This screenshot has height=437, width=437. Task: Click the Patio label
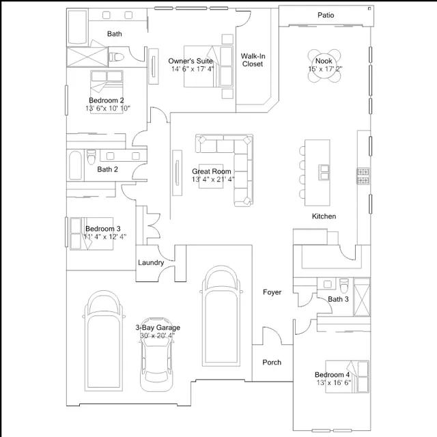coord(326,15)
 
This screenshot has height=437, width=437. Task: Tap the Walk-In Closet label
coord(253,60)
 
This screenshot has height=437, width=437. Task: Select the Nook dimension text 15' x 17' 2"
coord(325,69)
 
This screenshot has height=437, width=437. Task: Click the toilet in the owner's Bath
coord(117,57)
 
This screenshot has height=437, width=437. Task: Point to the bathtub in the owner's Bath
coord(77,27)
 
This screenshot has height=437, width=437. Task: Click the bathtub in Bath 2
coord(75,165)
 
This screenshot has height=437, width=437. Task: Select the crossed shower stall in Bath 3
coord(362,297)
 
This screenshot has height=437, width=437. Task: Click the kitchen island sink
coord(324,172)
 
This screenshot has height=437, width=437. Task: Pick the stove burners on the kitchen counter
coord(363,176)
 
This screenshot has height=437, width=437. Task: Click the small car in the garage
coord(157,354)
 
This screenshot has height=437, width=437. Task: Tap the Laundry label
coord(151,262)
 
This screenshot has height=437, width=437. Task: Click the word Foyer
coord(272,292)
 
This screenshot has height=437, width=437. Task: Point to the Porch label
coord(272,363)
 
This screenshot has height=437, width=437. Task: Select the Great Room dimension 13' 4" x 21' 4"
coord(213,179)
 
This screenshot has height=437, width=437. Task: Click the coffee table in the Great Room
coord(211,176)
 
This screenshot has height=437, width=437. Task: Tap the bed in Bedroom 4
coord(348,377)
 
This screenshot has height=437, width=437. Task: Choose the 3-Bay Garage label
coord(158,328)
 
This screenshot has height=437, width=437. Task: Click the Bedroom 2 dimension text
coord(108,108)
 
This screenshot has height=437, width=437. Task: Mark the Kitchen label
coord(324,216)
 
